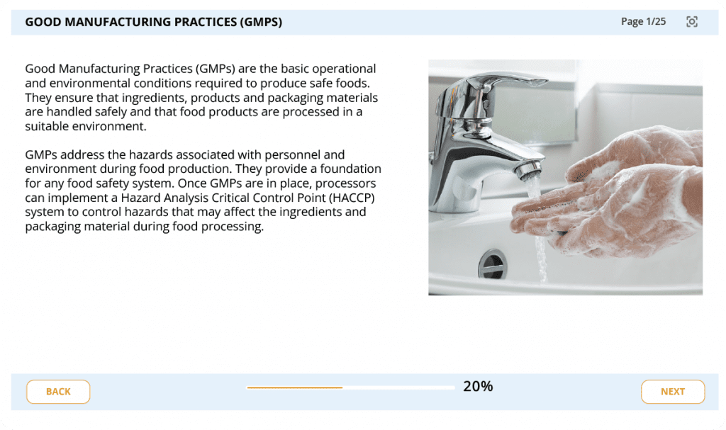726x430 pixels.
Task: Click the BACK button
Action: pos(58,392)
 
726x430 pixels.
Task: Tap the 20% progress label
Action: pos(478,387)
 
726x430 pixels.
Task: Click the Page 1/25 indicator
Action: pos(643,22)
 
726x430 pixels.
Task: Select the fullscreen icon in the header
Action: pos(692,22)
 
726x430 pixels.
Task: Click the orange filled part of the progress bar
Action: pos(294,387)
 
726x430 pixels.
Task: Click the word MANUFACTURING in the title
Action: pos(150,22)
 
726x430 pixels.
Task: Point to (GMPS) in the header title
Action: pos(261,22)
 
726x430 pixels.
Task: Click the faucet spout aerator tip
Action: pos(529,171)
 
